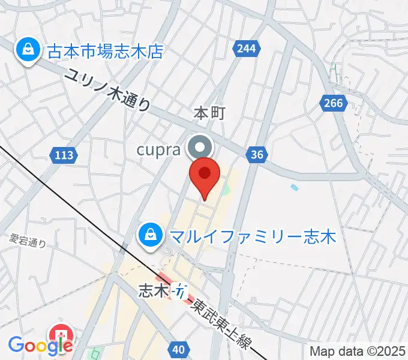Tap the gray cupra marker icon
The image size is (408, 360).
(199, 147)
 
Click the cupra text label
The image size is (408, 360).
(158, 149)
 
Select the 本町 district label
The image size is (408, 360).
(209, 113)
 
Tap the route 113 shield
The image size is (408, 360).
(63, 155)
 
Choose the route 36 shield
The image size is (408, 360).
(257, 155)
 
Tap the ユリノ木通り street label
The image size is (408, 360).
(108, 91)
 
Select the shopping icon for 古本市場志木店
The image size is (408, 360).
(27, 50)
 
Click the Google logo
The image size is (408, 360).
(40, 345)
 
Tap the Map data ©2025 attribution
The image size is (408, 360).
(358, 351)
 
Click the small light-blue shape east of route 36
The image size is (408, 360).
(294, 188)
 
